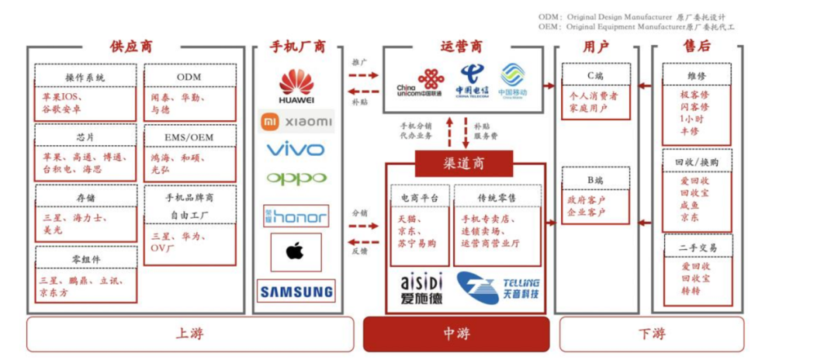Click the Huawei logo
[296, 86]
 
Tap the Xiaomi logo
[296, 122]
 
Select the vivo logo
[296, 149]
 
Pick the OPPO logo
[296, 178]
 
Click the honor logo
[296, 215]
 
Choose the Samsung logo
[296, 292]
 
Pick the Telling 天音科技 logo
[497, 287]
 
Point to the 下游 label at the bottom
[651, 334]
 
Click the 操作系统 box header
[85, 77]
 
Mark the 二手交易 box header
[698, 247]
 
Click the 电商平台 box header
[420, 198]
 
